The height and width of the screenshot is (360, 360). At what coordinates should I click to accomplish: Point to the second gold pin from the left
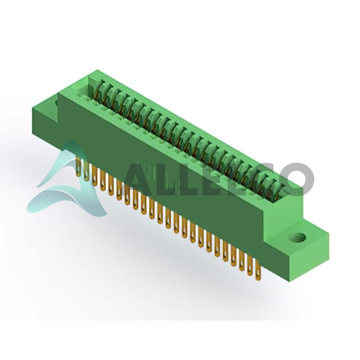(86, 170)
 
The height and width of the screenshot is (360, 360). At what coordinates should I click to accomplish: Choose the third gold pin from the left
(95, 176)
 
